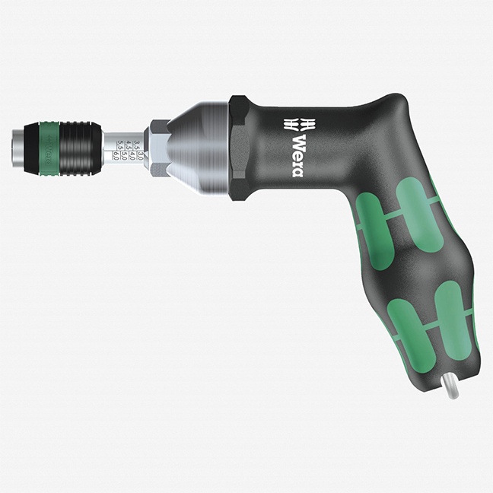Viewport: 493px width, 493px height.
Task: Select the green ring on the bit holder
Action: [49, 148]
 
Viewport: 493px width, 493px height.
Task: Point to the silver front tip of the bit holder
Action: [18, 148]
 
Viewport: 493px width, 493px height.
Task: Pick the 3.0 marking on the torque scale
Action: [141, 156]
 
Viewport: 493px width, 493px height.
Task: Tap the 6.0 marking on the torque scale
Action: [116, 156]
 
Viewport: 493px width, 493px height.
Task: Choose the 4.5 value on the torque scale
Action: [128, 145]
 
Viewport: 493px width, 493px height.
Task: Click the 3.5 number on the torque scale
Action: [137, 145]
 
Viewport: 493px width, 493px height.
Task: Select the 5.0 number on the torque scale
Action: [124, 156]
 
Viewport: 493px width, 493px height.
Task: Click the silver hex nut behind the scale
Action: [158, 148]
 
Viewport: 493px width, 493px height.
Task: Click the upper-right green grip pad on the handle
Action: [418, 213]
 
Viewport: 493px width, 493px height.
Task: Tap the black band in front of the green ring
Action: [31, 148]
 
